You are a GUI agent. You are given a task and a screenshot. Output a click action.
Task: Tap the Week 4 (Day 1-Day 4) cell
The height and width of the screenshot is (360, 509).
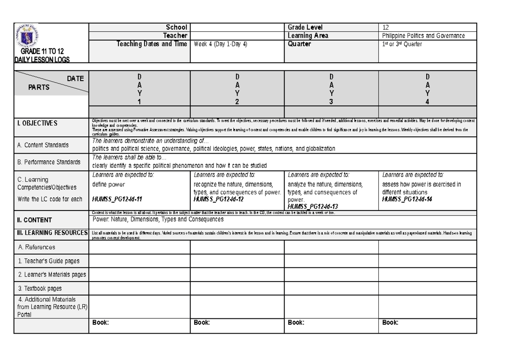coord(221,44)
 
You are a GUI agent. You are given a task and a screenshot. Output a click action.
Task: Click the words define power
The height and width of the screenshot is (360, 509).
coord(109,185)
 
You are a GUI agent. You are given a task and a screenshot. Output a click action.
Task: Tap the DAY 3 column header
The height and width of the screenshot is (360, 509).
coord(331,89)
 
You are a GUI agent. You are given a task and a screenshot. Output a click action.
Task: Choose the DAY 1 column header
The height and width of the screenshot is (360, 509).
coord(139,89)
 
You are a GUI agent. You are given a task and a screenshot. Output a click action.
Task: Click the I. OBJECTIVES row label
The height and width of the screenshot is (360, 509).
coord(36,123)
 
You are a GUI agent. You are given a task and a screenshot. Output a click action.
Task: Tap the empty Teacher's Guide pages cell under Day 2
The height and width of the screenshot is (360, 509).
coord(237,261)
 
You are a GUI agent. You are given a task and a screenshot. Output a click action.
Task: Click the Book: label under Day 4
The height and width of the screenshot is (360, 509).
coord(390,323)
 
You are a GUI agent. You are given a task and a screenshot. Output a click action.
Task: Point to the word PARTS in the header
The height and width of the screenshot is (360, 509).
coord(39,87)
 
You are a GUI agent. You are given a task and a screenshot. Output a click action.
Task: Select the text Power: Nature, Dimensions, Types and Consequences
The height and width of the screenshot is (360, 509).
coord(158,219)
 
